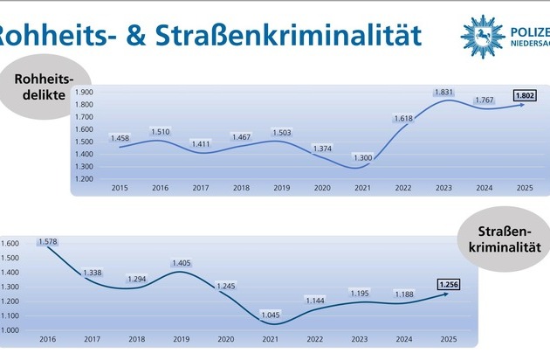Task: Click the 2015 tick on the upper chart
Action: [x=120, y=186]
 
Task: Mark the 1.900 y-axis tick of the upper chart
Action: [x=83, y=91]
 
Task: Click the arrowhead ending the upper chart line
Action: [x=522, y=104]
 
